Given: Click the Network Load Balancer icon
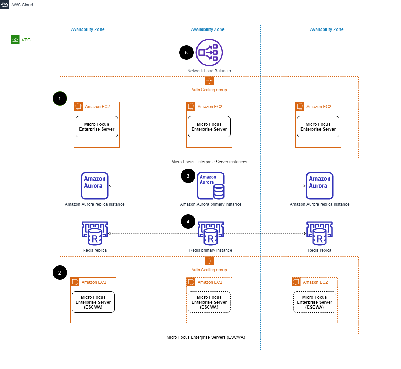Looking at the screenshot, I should click(x=209, y=53).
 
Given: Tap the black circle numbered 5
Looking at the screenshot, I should click(x=186, y=53).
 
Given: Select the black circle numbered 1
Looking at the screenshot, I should click(x=60, y=99).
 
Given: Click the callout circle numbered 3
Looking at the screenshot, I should click(x=188, y=176).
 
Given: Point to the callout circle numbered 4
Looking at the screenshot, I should click(x=188, y=222).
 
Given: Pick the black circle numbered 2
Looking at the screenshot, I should click(x=60, y=272).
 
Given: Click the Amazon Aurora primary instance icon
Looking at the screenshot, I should click(x=211, y=186).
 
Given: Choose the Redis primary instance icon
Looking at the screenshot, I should click(x=211, y=233).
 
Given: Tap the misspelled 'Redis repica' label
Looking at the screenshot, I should click(x=319, y=250).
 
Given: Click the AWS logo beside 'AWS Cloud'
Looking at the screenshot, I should click(x=5, y=5).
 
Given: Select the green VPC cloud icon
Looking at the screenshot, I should click(x=15, y=40).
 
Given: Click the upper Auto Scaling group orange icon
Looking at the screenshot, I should click(x=209, y=81).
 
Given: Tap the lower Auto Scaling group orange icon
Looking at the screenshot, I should click(x=209, y=261).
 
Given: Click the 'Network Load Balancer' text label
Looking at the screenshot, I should click(x=209, y=71).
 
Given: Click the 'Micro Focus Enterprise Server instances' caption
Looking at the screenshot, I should click(x=209, y=162).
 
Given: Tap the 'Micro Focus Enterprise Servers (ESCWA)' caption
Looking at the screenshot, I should click(x=206, y=337).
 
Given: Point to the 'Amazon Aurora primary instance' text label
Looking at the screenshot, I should click(x=211, y=204).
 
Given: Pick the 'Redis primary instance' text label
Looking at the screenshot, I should click(x=211, y=250).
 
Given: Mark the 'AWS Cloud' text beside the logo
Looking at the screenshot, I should click(x=22, y=5).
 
